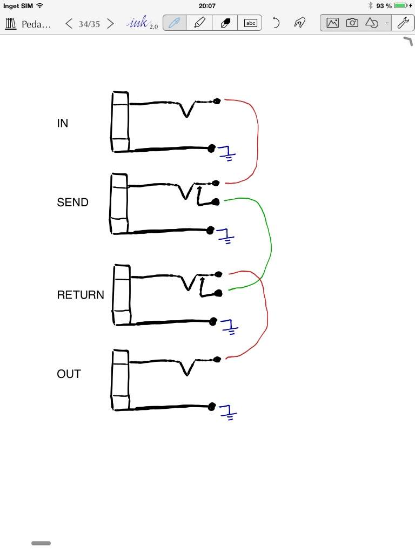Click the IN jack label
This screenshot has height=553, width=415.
(63, 123)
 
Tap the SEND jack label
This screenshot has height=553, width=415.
(73, 203)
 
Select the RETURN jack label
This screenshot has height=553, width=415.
(81, 295)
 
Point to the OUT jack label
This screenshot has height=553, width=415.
(69, 374)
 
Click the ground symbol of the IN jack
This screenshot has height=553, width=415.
(226, 153)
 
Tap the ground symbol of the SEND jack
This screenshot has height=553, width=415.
(225, 236)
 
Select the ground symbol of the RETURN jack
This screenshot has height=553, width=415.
(229, 327)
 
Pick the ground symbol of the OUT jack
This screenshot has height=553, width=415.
(227, 412)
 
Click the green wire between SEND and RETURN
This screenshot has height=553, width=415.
(271, 244)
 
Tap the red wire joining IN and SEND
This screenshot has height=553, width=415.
(258, 141)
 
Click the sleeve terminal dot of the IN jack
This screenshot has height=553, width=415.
(211, 149)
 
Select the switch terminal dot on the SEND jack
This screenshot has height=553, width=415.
(216, 202)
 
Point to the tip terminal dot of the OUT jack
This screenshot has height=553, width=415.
(217, 359)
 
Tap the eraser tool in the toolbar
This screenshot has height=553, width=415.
(225, 23)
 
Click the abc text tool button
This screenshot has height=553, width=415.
(251, 23)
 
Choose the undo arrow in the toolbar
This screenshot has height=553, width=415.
(276, 23)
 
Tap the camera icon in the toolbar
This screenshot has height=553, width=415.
(352, 23)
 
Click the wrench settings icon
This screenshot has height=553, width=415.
(403, 23)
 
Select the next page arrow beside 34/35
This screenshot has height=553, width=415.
(110, 24)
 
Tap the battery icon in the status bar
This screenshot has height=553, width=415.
(401, 5)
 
